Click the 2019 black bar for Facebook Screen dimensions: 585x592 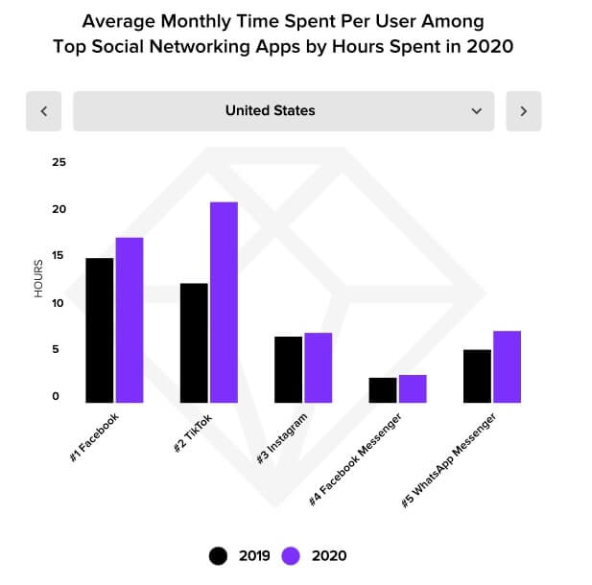coord(99,330)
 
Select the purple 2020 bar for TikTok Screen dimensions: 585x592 coord(223,302)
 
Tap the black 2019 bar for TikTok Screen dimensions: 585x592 coord(193,342)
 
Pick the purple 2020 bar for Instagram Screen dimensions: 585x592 coord(317,367)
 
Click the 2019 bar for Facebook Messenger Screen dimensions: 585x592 coord(383,389)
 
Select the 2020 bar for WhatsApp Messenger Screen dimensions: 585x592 coord(507,366)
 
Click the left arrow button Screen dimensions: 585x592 coord(43,111)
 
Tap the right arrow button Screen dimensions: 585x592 coord(523,111)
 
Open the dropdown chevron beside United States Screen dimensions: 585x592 coord(477,111)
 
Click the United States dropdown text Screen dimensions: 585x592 coord(270,111)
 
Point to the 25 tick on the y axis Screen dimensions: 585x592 coord(59,162)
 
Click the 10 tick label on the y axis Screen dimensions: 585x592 coord(59,303)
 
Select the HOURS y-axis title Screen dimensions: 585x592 coord(39,278)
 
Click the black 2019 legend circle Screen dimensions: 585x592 coord(219,555)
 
